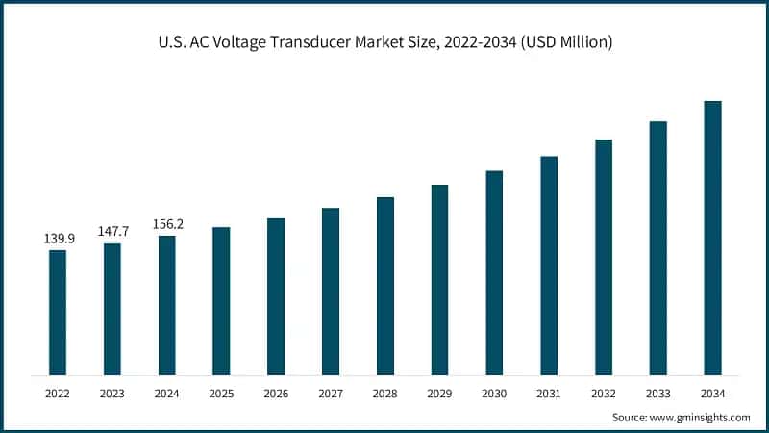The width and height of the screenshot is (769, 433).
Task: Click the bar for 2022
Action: click(58, 312)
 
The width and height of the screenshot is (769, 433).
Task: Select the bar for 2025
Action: click(221, 300)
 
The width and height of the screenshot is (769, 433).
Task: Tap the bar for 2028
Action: click(385, 286)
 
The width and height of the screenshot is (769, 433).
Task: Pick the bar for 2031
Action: click(549, 265)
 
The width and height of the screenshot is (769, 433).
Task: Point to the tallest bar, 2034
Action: click(712, 238)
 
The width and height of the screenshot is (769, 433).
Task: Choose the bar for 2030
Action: click(494, 272)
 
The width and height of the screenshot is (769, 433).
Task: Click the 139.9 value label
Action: click(58, 238)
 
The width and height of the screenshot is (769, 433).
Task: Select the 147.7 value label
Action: click(112, 231)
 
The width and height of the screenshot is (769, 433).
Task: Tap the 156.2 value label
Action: click(167, 224)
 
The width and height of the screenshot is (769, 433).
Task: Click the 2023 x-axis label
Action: click(112, 393)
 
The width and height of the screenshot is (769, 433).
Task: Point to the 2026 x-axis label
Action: click(276, 393)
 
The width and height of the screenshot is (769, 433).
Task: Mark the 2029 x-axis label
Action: click(439, 393)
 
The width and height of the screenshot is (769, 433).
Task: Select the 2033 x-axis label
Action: click(657, 393)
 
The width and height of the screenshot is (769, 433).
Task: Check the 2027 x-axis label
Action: click(331, 393)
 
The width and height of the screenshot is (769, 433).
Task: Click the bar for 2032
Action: click(604, 257)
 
